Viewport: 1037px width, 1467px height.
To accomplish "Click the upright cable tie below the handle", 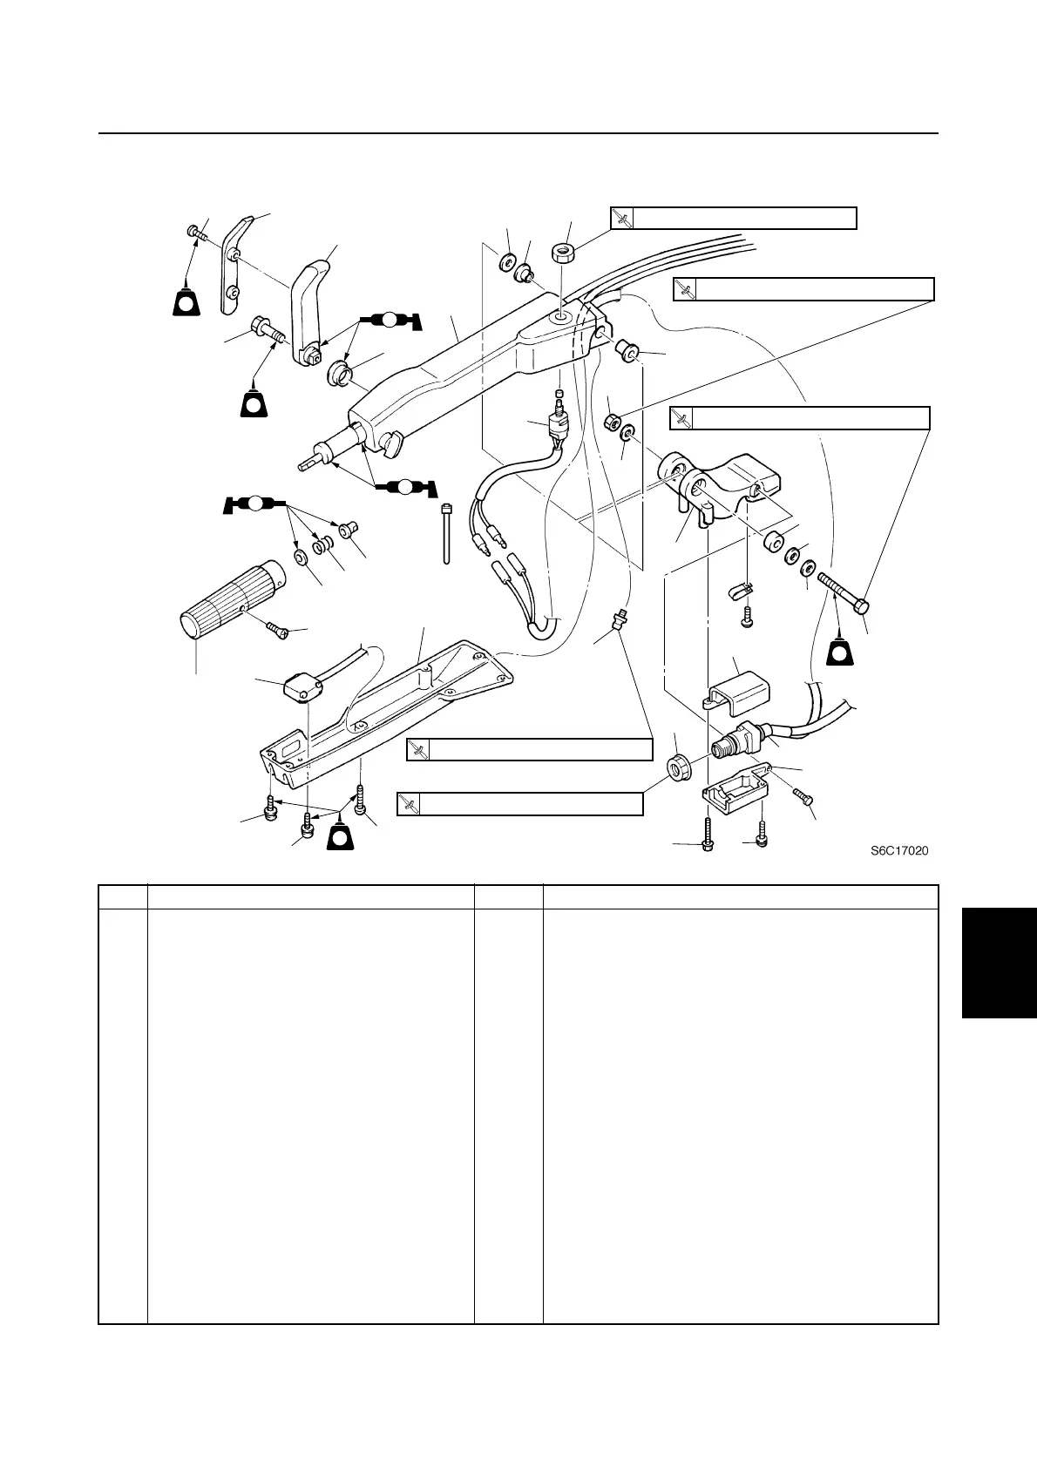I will (447, 532).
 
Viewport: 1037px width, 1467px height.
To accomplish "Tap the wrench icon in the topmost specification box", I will (621, 218).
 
